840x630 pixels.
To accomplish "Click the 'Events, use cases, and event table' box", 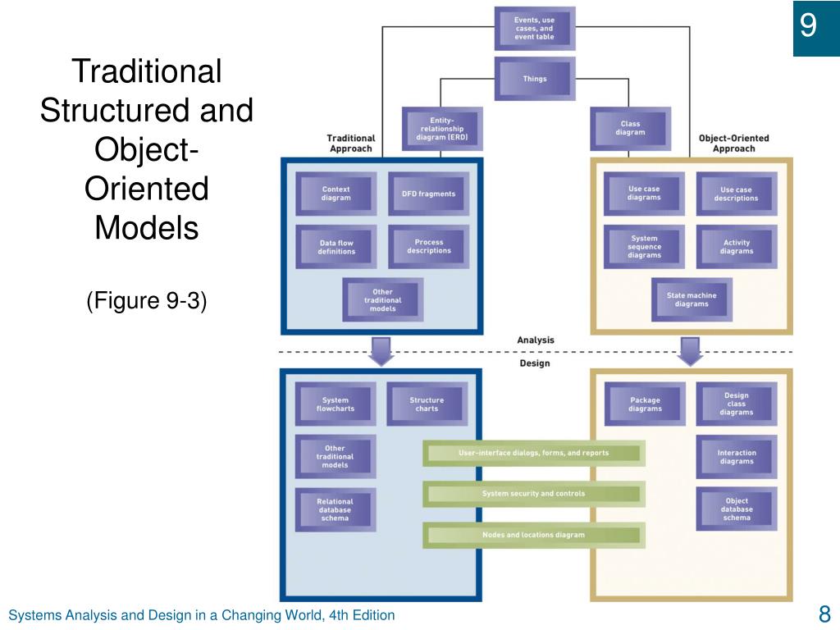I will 534,28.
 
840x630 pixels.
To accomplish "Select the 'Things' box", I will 534,79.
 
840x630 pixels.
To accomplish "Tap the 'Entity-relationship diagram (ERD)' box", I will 441,129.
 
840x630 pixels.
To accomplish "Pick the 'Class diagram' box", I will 630,129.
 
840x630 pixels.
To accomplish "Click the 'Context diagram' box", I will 336,194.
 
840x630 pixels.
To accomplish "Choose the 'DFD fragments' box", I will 428,194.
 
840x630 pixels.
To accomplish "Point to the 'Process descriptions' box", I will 428,246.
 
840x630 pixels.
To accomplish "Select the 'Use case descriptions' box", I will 736,194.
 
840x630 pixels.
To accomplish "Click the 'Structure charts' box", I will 427,404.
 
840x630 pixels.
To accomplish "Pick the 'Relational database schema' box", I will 336,509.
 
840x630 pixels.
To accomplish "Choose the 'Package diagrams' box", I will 645,404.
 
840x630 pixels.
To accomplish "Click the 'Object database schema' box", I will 736,509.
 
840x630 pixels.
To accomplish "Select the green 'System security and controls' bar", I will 533,494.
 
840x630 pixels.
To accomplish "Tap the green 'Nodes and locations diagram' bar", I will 533,536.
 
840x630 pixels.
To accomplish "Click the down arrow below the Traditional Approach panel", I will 381,351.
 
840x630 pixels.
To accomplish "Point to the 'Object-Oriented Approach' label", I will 733,144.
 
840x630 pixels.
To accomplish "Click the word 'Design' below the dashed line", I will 535,363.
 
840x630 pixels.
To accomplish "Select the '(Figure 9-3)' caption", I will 147,301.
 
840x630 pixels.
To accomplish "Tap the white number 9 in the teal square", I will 809,27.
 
